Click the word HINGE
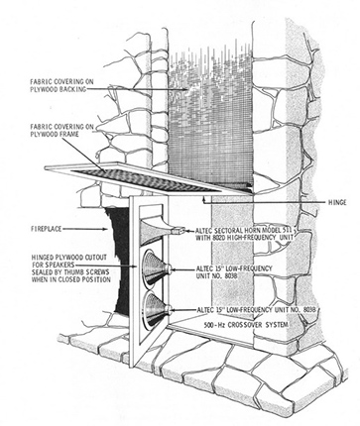point(337,202)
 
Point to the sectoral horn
point(156,230)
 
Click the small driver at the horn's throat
point(179,230)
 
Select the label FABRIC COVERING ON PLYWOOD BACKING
point(59,85)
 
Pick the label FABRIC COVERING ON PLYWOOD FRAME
point(61,131)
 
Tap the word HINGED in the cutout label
point(42,258)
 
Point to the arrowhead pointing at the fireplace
point(106,229)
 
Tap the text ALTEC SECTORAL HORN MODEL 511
point(244,230)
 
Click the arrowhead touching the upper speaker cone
point(174,268)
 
